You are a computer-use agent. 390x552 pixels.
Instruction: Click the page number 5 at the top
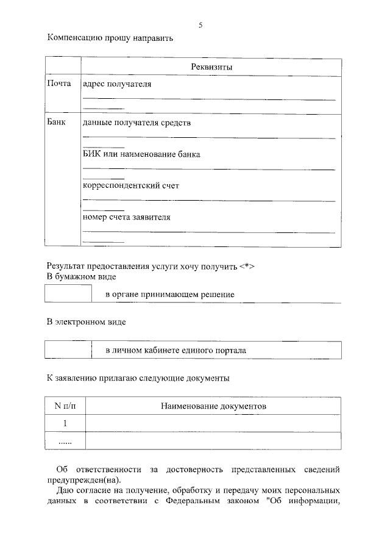pos(200,25)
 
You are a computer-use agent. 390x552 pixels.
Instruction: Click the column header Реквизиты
pos(211,67)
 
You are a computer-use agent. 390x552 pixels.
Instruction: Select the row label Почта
pos(60,84)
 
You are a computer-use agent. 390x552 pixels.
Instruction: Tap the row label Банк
pos(57,123)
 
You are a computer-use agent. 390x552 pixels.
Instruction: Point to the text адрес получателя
pos(117,84)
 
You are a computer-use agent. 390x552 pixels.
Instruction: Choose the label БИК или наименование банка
pos(141,154)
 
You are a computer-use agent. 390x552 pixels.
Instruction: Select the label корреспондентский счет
pos(131,185)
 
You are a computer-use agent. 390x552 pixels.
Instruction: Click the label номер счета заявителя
pos(127,217)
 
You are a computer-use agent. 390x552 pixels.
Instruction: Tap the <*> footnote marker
pos(246,266)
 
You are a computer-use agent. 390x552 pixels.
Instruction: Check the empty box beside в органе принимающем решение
pos(68,294)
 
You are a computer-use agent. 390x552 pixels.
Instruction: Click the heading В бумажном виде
pos(82,277)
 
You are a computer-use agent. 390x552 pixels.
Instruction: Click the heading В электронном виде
pos(87,321)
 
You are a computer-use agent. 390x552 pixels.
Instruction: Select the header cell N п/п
pos(65,406)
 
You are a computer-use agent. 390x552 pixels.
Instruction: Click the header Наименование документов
pos(213,406)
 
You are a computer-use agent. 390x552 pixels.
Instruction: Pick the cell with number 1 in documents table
pos(65,423)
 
